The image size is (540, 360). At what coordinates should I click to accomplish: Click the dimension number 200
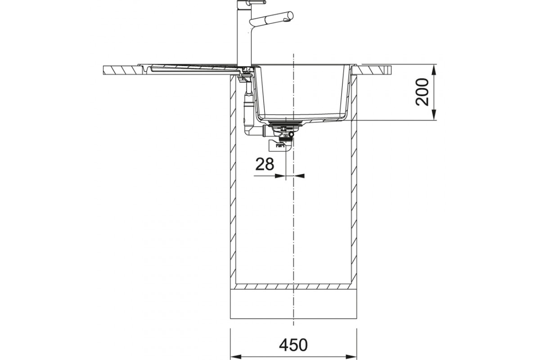[423, 92]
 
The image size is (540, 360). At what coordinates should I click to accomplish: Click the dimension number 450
[293, 345]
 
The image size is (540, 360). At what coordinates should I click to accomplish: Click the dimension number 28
[265, 164]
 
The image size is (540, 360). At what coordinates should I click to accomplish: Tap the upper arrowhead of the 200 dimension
[434, 69]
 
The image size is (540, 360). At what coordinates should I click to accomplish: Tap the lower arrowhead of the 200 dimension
[434, 115]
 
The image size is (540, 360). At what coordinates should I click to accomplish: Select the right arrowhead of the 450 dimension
[351, 356]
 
